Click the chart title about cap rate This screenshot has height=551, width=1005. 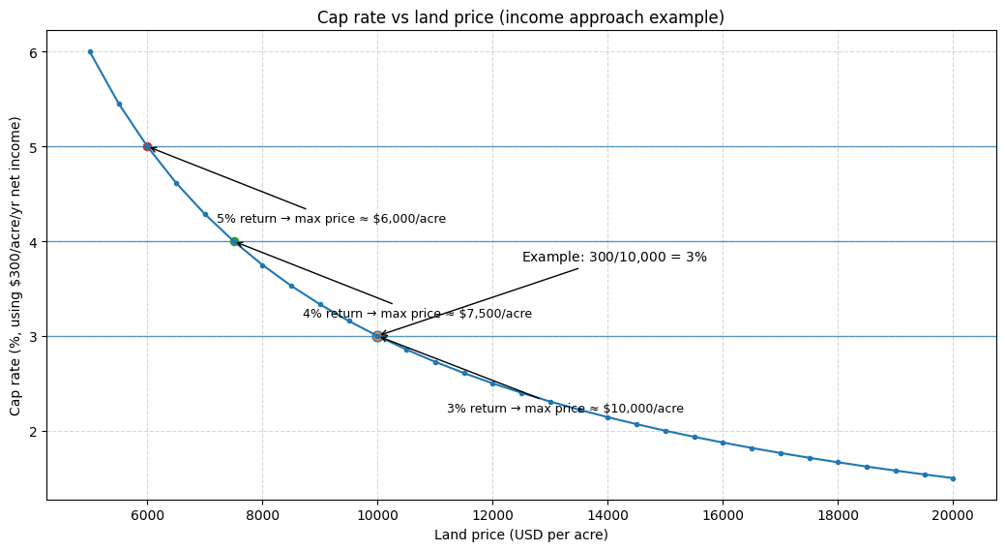520,17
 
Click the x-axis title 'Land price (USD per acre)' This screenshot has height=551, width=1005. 520,535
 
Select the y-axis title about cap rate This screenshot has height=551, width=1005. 15,265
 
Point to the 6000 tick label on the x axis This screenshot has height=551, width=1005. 147,515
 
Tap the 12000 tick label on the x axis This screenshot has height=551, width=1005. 492,515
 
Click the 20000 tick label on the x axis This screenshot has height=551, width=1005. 953,515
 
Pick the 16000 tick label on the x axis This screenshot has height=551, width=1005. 723,515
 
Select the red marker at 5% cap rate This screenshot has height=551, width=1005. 147,146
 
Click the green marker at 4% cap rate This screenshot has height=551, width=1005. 234,241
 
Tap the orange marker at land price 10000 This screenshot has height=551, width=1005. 377,336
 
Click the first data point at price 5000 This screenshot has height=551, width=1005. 90,52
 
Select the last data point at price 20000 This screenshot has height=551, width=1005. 953,478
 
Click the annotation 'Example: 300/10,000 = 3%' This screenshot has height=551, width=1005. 614,258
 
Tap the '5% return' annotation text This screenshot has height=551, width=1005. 331,219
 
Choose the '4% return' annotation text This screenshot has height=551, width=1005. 417,314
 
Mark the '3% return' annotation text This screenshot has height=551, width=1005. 565,409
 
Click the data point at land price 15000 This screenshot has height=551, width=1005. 665,431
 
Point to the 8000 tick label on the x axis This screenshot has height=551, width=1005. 262,515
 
